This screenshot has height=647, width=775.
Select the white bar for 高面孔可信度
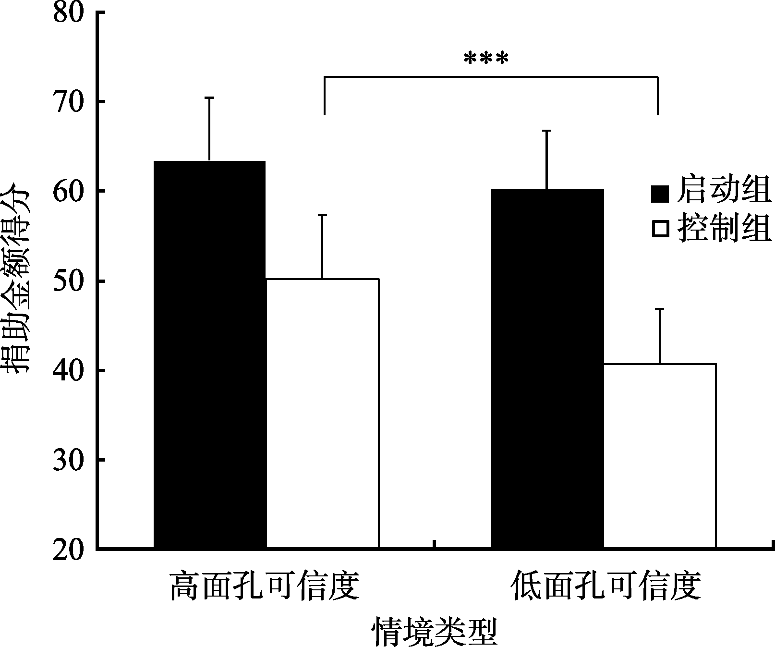tap(322, 413)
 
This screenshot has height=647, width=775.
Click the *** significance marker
tap(485, 60)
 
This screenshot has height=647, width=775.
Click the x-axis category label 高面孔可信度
tap(265, 585)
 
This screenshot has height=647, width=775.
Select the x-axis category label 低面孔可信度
tap(606, 585)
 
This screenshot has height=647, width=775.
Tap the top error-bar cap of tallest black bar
tap(209, 98)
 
